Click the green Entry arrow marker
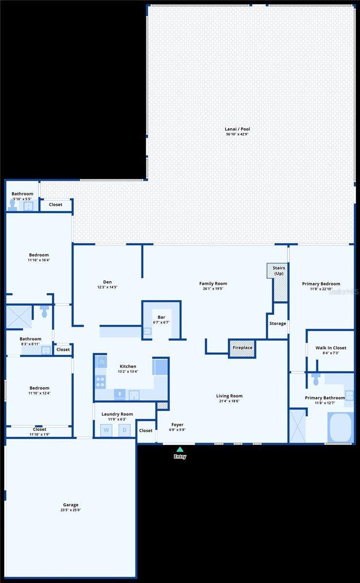(180, 449)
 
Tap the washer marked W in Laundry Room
(106, 430)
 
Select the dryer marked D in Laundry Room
(124, 430)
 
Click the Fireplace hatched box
(242, 348)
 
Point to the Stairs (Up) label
(278, 271)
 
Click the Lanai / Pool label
(237, 129)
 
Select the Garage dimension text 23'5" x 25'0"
(70, 510)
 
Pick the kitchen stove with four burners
(101, 382)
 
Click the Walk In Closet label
(330, 348)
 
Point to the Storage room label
(277, 324)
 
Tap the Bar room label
(161, 317)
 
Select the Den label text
(107, 282)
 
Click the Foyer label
(177, 425)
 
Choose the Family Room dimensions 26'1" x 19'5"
(213, 289)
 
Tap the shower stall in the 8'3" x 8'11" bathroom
(18, 317)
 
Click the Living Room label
(229, 396)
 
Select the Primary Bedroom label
(321, 284)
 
